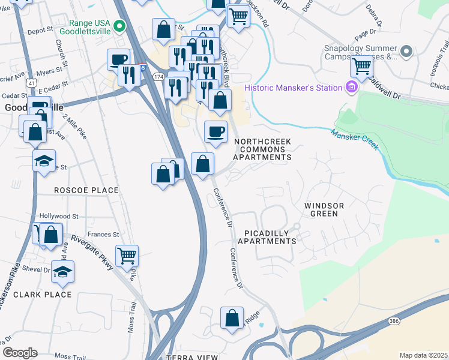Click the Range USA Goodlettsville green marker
(x=119, y=26)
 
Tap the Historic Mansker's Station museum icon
(x=351, y=88)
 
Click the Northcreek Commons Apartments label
(x=262, y=149)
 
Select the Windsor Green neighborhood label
(x=324, y=209)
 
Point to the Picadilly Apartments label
(x=267, y=237)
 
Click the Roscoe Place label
(x=86, y=190)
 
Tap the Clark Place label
(x=42, y=295)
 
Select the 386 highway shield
(x=393, y=322)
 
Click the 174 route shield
(x=158, y=77)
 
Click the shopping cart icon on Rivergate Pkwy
(x=127, y=256)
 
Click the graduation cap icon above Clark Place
(x=62, y=272)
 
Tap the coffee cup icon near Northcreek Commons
(x=215, y=132)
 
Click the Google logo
(x=19, y=353)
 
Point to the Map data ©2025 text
(x=423, y=355)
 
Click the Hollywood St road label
(x=59, y=216)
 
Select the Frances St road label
(x=103, y=235)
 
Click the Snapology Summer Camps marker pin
(x=406, y=52)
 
